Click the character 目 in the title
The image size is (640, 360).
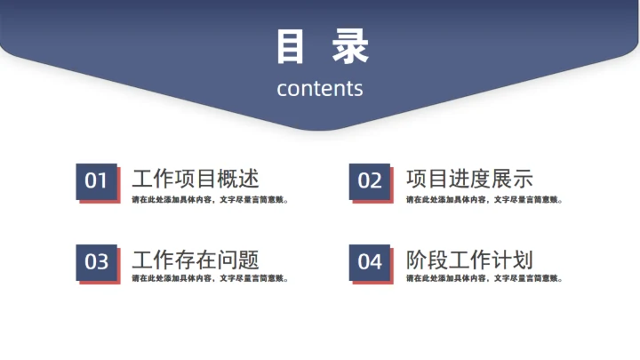pyautogui.click(x=291, y=47)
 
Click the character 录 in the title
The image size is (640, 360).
pyautogui.click(x=349, y=47)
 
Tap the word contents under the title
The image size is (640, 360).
pyautogui.click(x=320, y=88)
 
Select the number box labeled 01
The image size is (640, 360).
pyautogui.click(x=96, y=181)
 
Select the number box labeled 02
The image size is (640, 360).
pyautogui.click(x=370, y=181)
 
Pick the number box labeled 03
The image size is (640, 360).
pyautogui.click(x=96, y=262)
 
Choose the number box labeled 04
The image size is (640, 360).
pyautogui.click(x=370, y=262)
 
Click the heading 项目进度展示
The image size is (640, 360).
pyautogui.click(x=469, y=179)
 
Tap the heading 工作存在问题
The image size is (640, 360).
pyautogui.click(x=196, y=260)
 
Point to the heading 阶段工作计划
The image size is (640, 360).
pyautogui.click(x=469, y=260)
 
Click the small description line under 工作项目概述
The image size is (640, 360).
pyautogui.click(x=210, y=199)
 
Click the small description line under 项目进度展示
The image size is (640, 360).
pyautogui.click(x=484, y=199)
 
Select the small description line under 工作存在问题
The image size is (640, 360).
pyautogui.click(x=210, y=278)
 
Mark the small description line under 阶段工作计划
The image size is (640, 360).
pyautogui.click(x=484, y=278)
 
